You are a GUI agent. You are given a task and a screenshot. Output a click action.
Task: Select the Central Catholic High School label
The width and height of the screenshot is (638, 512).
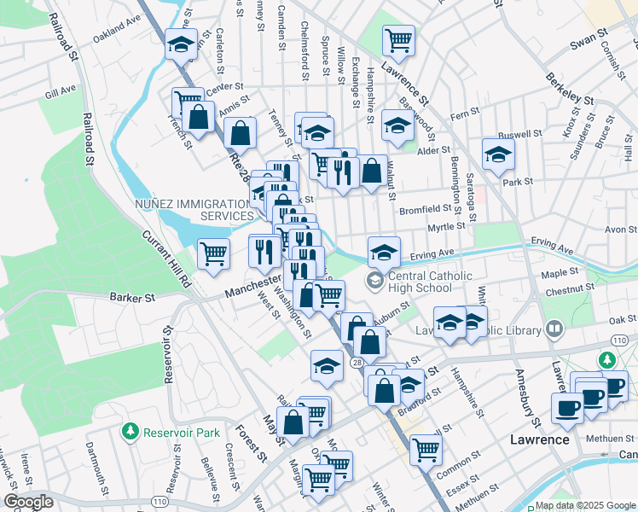[x=430, y=281]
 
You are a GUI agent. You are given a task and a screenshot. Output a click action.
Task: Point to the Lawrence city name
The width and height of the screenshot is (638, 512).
[x=539, y=439]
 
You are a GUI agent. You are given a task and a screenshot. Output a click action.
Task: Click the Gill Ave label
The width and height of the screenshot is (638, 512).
[x=61, y=90]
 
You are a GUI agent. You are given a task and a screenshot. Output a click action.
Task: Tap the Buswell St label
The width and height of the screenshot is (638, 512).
[x=520, y=135]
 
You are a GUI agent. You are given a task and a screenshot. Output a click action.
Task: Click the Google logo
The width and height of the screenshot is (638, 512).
[x=28, y=502]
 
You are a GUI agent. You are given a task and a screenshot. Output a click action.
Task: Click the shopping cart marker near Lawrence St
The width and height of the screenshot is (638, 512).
[x=398, y=38]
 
